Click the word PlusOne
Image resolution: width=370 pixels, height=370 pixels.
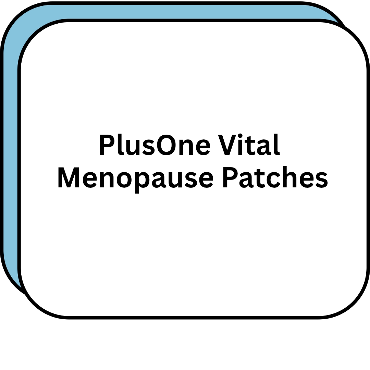[x=155, y=145]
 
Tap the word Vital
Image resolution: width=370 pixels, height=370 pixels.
[x=249, y=144]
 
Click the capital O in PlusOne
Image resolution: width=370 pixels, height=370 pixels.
[x=166, y=145]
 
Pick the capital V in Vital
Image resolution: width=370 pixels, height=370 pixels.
[x=227, y=145]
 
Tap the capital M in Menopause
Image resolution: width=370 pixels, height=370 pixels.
[x=69, y=177]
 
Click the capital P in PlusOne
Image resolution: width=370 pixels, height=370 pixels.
[x=107, y=145]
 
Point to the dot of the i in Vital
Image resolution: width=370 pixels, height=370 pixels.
[x=240, y=136]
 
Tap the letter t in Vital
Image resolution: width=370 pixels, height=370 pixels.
[x=250, y=146]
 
